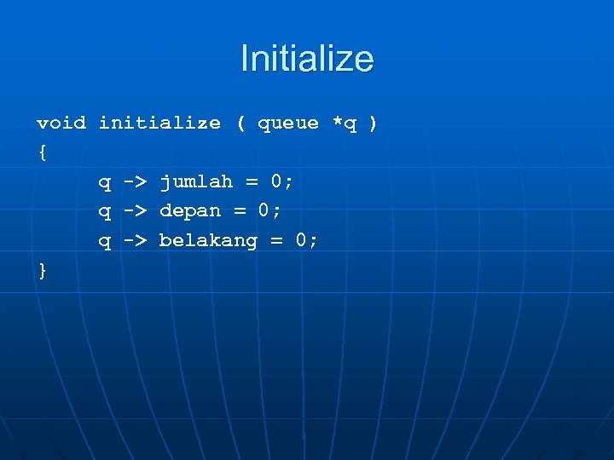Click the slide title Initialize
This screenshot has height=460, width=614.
click(x=307, y=59)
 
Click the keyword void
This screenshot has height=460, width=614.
click(x=61, y=123)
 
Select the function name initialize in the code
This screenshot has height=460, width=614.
click(x=159, y=123)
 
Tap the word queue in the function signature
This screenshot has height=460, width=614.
click(x=288, y=123)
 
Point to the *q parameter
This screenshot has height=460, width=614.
click(x=344, y=123)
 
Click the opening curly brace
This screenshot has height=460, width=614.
click(x=43, y=152)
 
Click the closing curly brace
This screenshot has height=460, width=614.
click(x=43, y=270)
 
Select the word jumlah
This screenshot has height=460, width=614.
click(x=196, y=181)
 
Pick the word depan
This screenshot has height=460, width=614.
click(x=190, y=210)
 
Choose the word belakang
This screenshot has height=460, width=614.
click(x=208, y=240)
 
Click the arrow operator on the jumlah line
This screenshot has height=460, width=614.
click(x=136, y=181)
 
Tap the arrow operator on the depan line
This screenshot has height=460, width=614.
click(x=136, y=210)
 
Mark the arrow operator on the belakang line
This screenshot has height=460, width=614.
click(x=136, y=240)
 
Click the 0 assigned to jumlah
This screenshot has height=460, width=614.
click(x=276, y=181)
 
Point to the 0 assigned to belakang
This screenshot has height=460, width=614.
click(x=301, y=240)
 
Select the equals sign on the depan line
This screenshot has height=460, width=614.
click(x=240, y=210)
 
